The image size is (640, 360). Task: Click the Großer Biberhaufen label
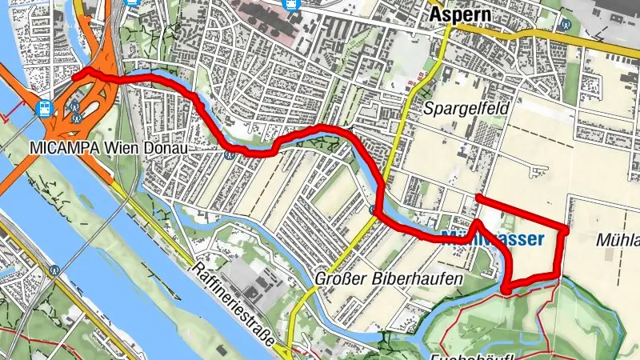point(389,279)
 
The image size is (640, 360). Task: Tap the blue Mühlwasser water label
point(493,238)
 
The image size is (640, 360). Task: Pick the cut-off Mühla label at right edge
point(618,240)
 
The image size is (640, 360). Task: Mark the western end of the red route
point(75,76)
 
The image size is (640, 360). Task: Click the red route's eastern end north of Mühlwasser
point(478,197)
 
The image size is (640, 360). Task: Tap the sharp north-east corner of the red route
point(566,230)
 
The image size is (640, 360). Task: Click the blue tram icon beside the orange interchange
point(45,107)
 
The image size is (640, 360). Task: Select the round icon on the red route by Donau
point(230,154)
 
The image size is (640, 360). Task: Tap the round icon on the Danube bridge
point(55,270)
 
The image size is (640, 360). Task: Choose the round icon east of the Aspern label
point(566,24)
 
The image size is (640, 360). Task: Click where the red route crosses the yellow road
point(376,210)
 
